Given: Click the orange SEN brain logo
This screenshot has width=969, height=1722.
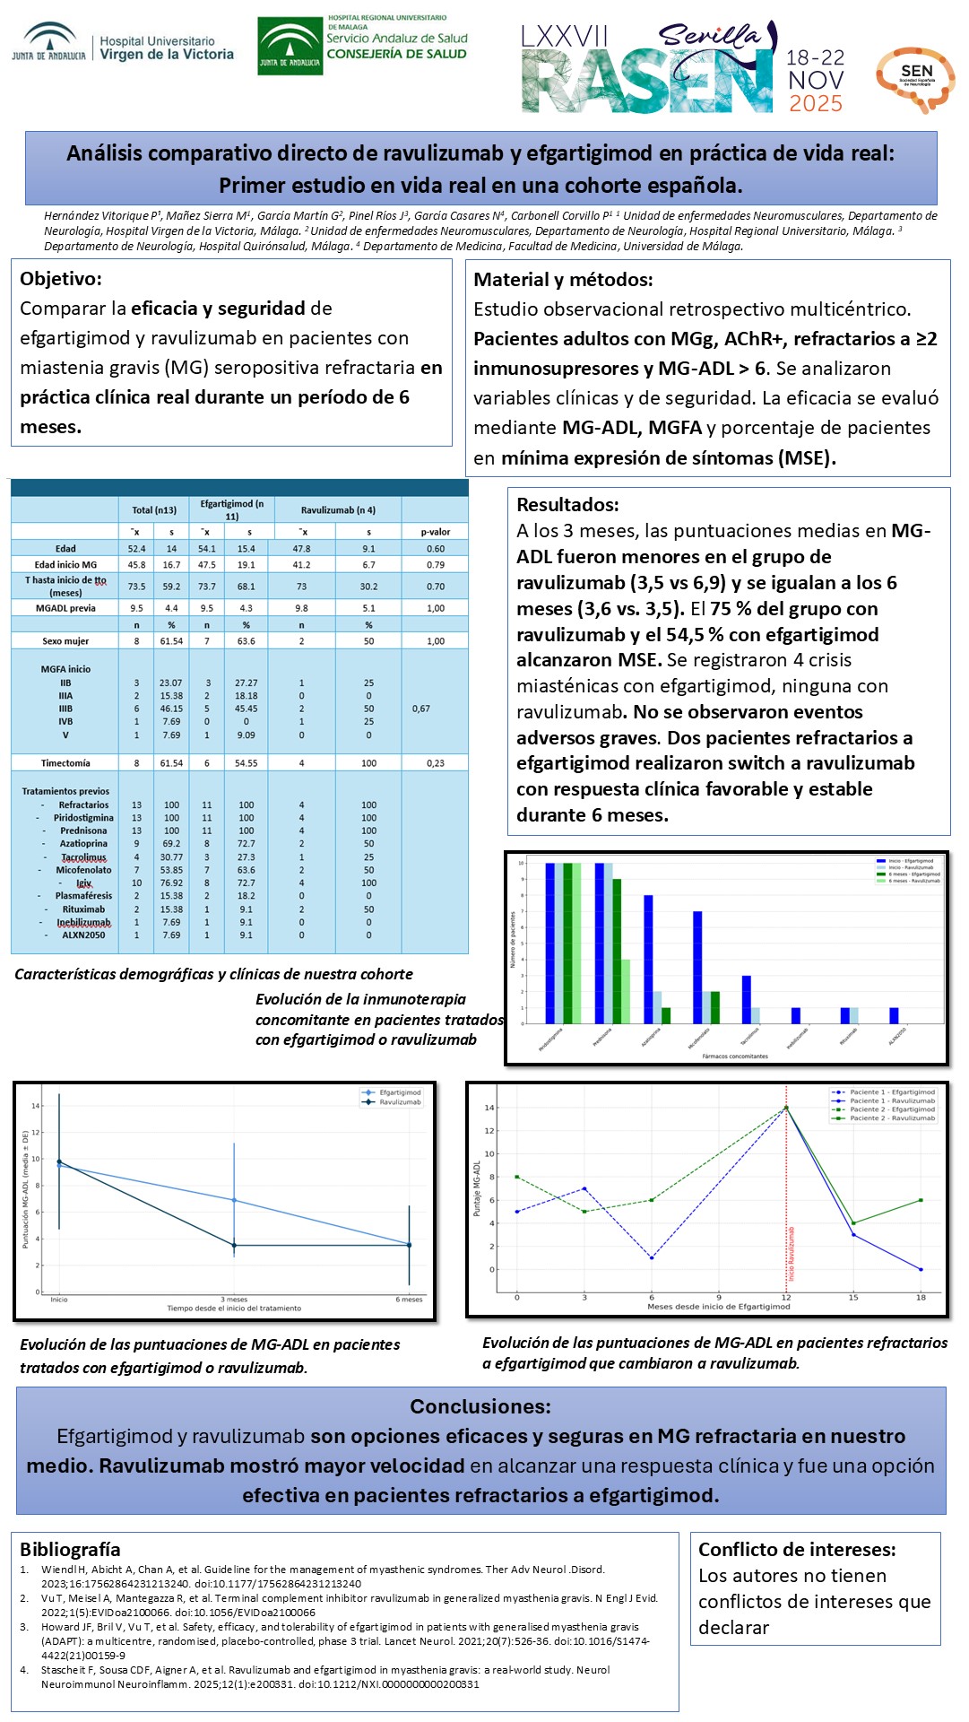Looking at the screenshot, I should [x=915, y=79].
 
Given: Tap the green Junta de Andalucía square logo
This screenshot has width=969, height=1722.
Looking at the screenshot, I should [x=290, y=46].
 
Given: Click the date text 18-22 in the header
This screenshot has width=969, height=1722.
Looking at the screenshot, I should [x=815, y=57].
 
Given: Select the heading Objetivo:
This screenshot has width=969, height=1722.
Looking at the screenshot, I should [x=61, y=279].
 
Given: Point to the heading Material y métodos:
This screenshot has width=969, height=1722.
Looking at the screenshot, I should [x=563, y=280].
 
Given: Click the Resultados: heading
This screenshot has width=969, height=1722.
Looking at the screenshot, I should [x=567, y=505].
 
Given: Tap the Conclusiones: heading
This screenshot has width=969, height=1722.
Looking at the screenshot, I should [x=480, y=1406].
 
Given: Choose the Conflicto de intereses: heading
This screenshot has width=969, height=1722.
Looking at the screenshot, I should [x=797, y=1550].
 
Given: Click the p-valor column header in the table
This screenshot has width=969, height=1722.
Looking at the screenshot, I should [x=436, y=532].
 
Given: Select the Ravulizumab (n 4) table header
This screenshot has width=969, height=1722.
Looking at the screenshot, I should [x=338, y=510].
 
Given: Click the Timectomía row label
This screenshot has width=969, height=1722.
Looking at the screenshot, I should [x=65, y=763].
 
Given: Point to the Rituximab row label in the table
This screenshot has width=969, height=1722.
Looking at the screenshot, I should [x=83, y=909].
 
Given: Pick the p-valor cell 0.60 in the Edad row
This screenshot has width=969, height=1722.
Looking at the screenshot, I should [x=436, y=549].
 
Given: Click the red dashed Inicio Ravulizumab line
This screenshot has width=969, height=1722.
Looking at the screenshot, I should [x=787, y=1193].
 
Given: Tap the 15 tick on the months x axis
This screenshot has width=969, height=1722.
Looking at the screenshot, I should [x=853, y=1297].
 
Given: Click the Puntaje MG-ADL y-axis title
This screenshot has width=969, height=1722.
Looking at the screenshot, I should [x=477, y=1189].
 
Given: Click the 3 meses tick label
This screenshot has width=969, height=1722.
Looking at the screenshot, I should [x=234, y=1300].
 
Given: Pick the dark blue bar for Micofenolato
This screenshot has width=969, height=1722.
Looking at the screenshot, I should [x=697, y=967].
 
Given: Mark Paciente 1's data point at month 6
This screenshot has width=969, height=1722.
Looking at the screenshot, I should [x=652, y=1258].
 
